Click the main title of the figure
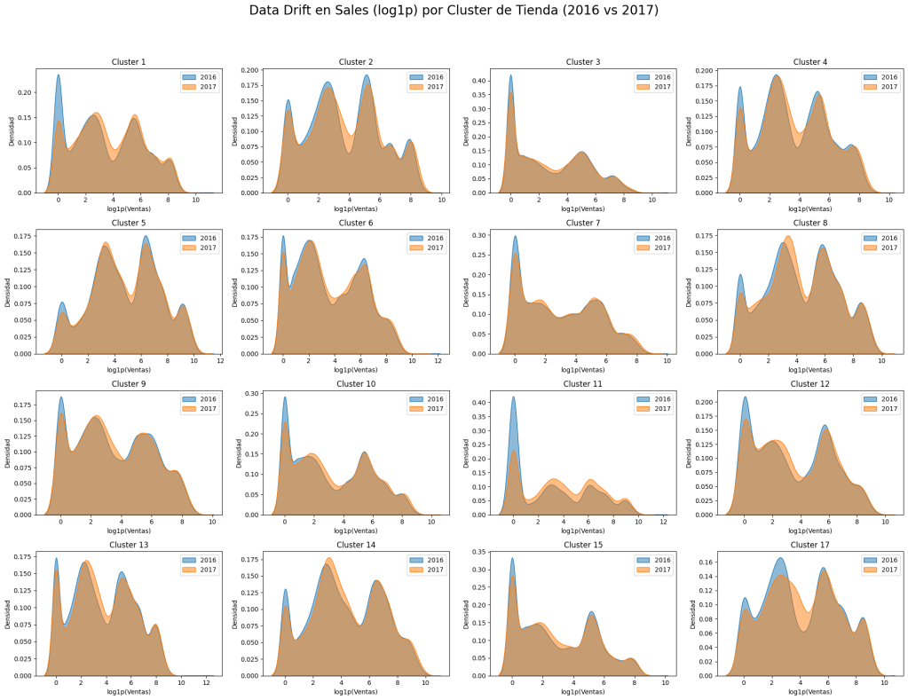pos(454,11)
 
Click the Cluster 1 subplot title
pos(129,62)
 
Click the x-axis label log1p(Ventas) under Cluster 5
pos(129,370)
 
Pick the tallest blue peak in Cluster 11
pos(513,397)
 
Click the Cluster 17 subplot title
pos(809,545)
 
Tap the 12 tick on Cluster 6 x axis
pos(438,361)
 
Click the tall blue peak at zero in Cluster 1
pos(59,75)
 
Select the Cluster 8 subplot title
pos(809,223)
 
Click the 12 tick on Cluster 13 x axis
pos(207,683)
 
